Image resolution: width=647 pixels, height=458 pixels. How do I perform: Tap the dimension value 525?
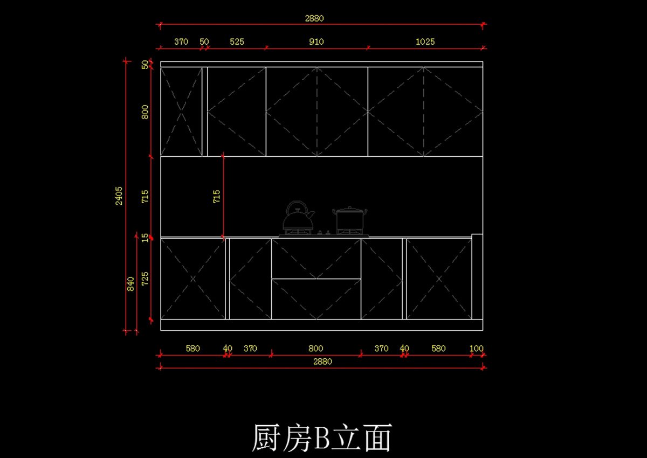coord(237,41)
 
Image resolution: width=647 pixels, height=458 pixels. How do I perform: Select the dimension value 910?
coord(316,41)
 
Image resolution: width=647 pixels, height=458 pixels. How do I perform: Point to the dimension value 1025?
coord(425,41)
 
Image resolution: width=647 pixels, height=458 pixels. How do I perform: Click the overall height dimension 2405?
coord(119,196)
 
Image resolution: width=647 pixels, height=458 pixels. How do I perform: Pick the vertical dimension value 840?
coord(130,284)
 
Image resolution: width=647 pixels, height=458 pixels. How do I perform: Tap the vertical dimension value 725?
coord(145,279)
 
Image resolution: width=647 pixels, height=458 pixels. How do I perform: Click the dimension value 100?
coord(477,349)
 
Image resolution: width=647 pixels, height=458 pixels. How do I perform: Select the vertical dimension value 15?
coord(145,237)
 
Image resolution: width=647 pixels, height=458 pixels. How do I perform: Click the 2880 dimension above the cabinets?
coord(314,18)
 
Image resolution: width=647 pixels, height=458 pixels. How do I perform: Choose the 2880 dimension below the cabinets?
coord(322,362)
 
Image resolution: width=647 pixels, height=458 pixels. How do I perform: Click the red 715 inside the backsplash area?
coord(217,196)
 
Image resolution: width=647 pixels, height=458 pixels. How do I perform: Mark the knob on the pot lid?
coord(350,207)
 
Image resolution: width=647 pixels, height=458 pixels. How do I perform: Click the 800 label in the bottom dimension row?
coord(316,349)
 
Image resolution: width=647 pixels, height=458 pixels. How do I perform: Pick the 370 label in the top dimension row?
coord(181,41)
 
